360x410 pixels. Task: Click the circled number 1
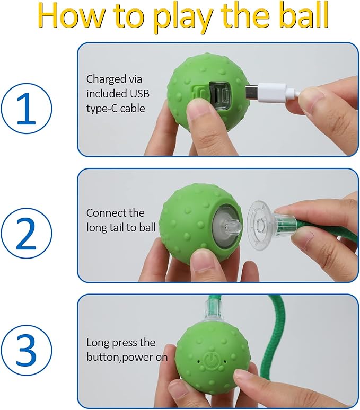(27, 108)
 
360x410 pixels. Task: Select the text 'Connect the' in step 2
(115, 213)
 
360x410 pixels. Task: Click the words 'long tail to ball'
(121, 227)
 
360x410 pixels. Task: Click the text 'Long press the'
(121, 342)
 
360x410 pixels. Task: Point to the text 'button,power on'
(127, 357)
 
